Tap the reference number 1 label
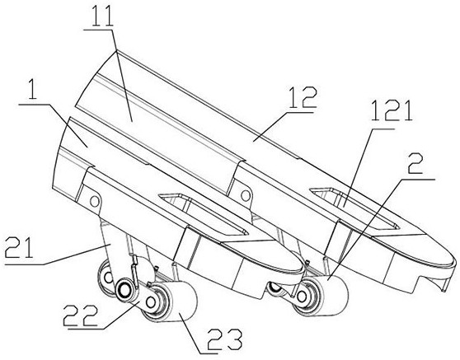point(33,88)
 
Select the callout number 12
point(303,98)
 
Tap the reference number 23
point(225,341)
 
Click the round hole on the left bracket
point(94,201)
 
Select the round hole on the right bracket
point(246,194)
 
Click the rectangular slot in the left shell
point(204,213)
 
